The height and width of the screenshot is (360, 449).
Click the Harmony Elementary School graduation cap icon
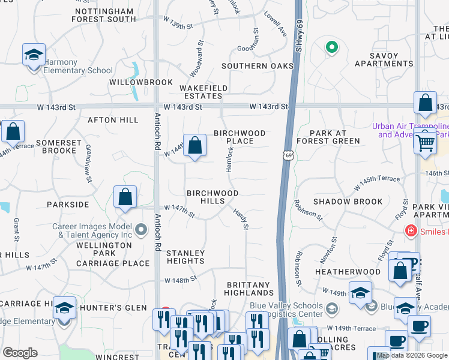click(34, 55)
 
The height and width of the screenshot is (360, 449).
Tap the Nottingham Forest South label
click(104, 15)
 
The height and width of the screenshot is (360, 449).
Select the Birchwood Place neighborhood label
click(240, 137)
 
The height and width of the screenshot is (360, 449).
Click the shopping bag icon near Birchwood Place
click(194, 145)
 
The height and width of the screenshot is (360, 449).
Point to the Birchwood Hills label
click(212, 197)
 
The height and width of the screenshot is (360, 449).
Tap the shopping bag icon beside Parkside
click(125, 197)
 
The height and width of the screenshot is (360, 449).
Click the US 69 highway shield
click(289, 155)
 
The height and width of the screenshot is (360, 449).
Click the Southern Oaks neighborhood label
click(248, 66)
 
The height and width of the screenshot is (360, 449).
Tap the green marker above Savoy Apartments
click(331, 46)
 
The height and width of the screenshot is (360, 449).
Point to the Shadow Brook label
click(348, 202)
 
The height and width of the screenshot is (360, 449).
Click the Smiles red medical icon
click(411, 230)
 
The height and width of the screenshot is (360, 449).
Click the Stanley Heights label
click(185, 257)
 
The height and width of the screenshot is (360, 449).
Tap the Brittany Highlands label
click(249, 289)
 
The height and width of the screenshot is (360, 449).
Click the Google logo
click(20, 352)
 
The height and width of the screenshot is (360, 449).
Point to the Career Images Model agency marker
click(141, 229)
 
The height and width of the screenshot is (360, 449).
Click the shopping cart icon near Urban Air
click(426, 142)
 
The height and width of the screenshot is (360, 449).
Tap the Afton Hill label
click(113, 120)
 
